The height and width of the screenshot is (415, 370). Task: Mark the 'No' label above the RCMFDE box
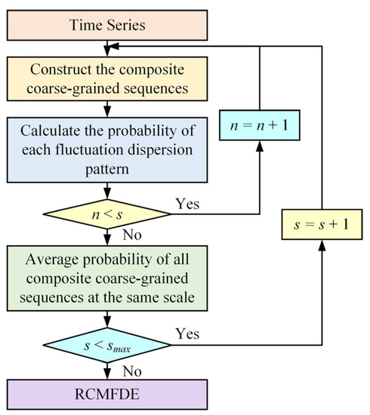coord(131,370)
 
